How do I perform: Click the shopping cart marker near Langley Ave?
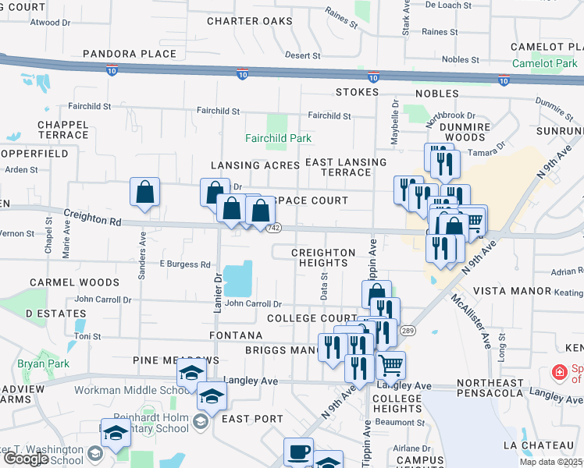click(390, 363)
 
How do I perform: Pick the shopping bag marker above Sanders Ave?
click(145, 192)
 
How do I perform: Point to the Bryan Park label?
click(44, 363)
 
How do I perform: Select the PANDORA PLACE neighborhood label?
click(130, 54)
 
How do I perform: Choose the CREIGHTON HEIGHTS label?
click(323, 258)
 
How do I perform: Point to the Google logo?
click(26, 459)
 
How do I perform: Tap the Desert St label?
click(302, 55)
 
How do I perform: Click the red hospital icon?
click(558, 373)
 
